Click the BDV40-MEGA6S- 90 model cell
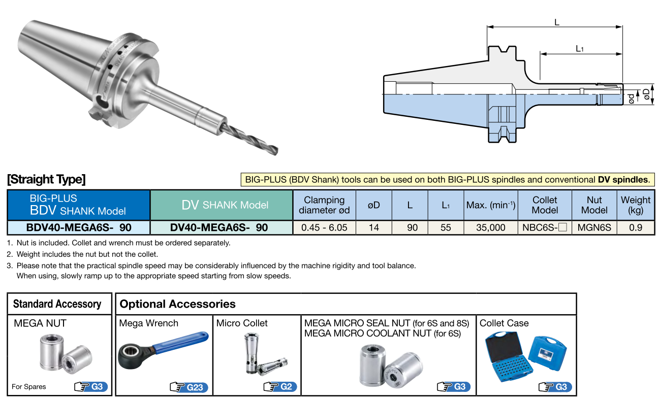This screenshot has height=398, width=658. coord(78,227)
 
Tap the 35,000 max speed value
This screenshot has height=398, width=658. coord(490,227)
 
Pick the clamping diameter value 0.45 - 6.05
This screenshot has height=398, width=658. coord(324,227)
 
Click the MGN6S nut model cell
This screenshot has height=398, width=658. coord(594,227)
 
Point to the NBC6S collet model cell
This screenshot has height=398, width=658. coord(544,227)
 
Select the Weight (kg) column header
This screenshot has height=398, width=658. coord(635,205)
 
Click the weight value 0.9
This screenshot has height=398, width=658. coord(635,227)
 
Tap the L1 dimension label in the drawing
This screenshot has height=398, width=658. coord(580,49)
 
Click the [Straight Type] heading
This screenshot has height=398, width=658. coord(46,179)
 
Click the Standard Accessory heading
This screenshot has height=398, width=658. coord(57,304)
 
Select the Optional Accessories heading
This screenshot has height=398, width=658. coord(177,304)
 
